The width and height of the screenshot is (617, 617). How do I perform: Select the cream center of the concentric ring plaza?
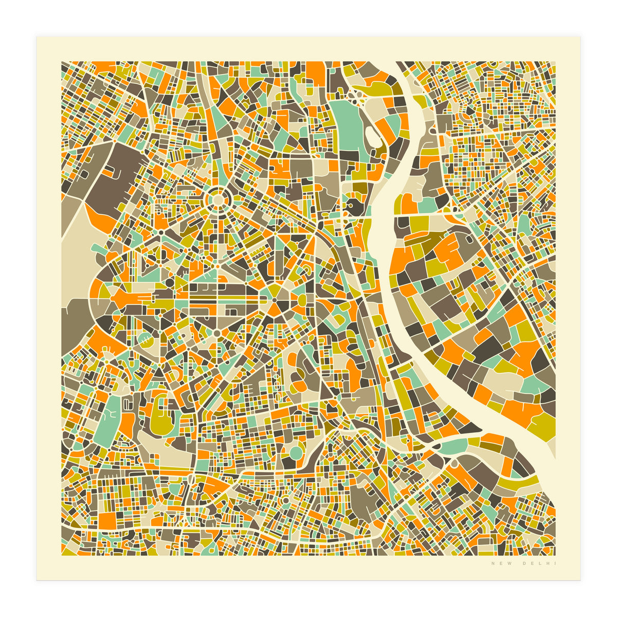pyautogui.click(x=217, y=198)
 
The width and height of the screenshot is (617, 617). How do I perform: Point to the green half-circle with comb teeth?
pyautogui.click(x=145, y=337)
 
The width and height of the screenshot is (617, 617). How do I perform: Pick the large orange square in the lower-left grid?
pyautogui.click(x=108, y=519)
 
